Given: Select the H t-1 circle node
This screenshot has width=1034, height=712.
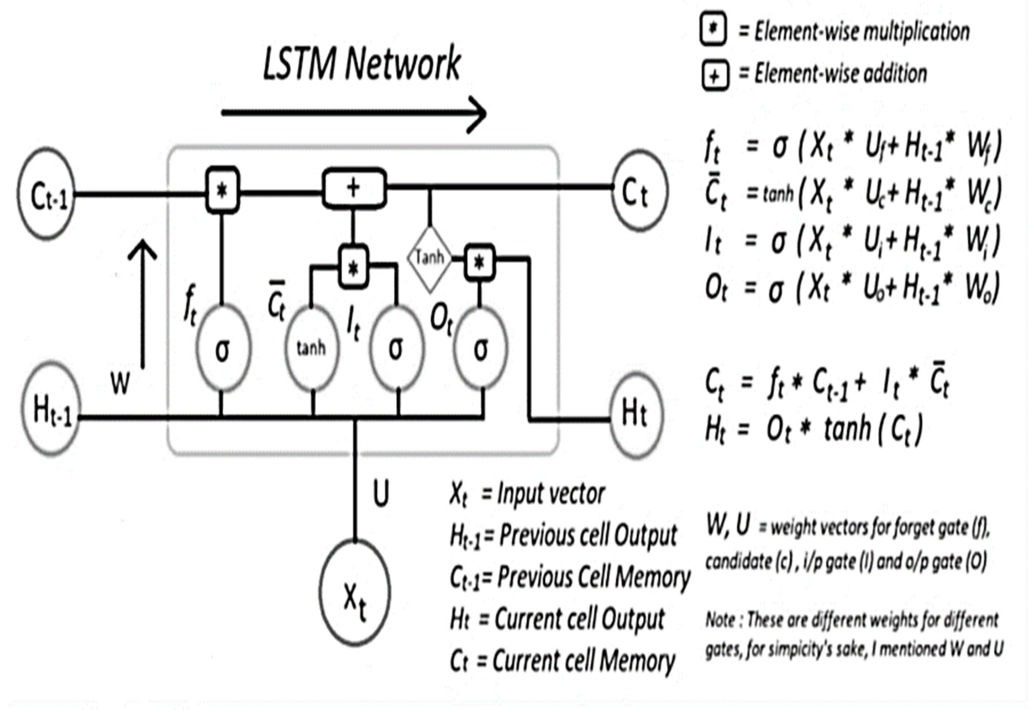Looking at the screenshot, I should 51,410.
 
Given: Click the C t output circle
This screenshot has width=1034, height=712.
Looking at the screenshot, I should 639,191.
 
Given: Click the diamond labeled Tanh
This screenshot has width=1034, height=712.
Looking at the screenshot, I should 430,258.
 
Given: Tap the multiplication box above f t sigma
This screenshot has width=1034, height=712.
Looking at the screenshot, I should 222,191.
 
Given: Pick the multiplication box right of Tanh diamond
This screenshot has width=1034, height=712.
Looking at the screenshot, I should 479,263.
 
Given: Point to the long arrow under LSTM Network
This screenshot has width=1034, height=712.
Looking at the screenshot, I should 353,113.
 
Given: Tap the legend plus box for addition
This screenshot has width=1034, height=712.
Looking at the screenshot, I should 715,76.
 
